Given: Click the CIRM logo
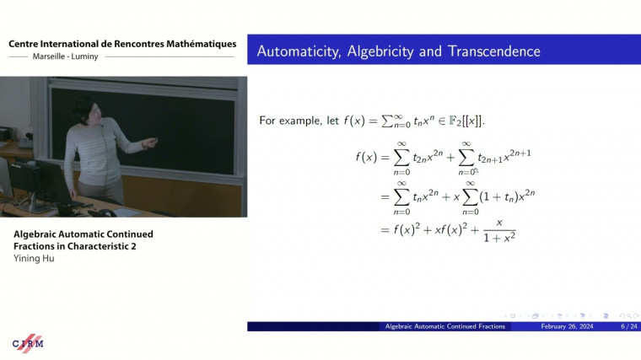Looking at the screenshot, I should pos(27,343).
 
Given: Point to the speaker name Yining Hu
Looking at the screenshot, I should pos(34,259).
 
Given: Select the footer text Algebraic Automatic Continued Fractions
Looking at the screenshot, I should pos(444,326).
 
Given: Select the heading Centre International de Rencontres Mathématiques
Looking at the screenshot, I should pos(122,44).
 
